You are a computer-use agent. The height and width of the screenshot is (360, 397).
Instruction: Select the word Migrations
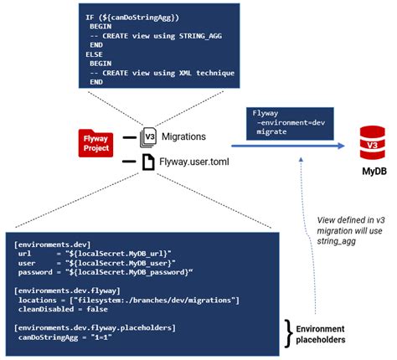click(186, 136)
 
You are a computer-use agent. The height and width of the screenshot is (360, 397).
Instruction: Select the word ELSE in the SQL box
click(95, 54)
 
